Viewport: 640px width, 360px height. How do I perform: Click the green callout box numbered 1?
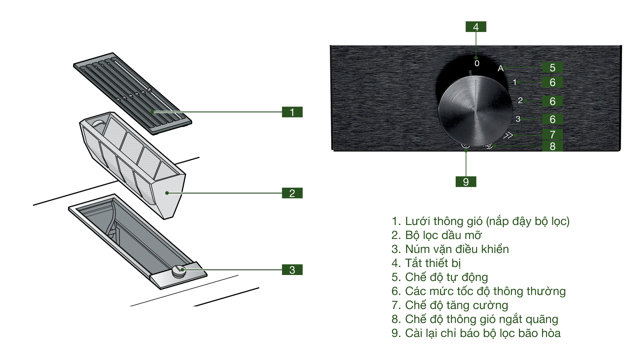[x=292, y=112]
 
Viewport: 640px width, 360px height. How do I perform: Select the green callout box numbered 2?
[x=292, y=193]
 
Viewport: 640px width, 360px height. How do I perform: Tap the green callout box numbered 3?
[x=292, y=270]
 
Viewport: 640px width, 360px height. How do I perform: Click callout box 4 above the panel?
[x=476, y=27]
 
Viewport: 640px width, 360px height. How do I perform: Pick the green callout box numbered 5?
[x=552, y=68]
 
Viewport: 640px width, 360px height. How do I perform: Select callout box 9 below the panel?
[x=466, y=182]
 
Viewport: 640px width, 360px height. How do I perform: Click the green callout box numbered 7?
[x=552, y=135]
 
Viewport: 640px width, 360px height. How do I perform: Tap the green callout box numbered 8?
[x=552, y=146]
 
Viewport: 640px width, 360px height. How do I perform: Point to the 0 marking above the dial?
[x=477, y=63]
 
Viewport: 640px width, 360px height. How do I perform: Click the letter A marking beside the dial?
[x=500, y=69]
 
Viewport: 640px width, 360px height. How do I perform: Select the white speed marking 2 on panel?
[x=520, y=100]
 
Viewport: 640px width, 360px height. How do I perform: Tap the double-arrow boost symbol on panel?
[x=508, y=135]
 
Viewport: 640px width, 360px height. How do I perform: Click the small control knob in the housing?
[x=178, y=271]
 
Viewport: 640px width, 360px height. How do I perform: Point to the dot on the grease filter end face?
[x=167, y=193]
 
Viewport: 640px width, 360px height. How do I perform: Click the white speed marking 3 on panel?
[x=518, y=119]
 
